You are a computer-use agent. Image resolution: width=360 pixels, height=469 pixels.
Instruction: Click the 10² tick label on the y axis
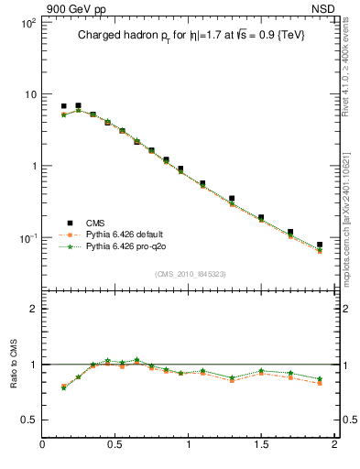[27, 23]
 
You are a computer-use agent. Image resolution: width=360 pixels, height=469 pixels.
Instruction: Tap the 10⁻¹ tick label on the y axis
[27, 238]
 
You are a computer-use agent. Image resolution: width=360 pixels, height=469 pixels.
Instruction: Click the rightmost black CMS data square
[320, 245]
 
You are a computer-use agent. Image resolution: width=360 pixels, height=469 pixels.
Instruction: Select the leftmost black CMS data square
[63, 106]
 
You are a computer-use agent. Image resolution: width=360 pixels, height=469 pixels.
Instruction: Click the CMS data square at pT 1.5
[261, 218]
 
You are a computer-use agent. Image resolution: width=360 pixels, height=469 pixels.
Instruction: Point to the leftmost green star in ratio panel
[63, 388]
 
